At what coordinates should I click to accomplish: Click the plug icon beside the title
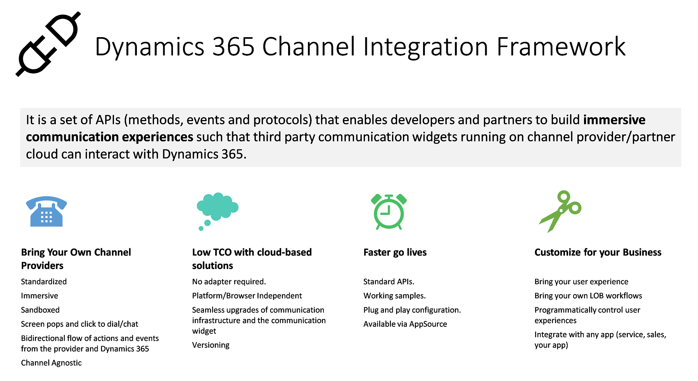[48, 44]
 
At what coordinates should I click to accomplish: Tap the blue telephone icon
[46, 212]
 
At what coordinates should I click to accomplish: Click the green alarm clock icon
[389, 211]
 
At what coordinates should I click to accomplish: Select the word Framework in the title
[561, 47]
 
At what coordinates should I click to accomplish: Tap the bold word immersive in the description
[614, 120]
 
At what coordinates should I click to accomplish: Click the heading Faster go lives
[395, 252]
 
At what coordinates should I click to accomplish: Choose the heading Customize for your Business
[598, 252]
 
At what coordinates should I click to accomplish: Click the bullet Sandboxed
[40, 310]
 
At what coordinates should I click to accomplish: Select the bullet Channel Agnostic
[51, 363]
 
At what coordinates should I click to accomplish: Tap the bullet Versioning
[211, 345]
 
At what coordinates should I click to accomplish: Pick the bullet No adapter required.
[229, 282]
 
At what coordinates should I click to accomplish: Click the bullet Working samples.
[394, 296]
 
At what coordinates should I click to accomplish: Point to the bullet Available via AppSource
[405, 324]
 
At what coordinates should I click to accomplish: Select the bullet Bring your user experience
[581, 282]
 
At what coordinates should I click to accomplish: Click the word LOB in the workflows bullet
[596, 296]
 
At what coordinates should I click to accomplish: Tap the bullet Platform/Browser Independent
[247, 296]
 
